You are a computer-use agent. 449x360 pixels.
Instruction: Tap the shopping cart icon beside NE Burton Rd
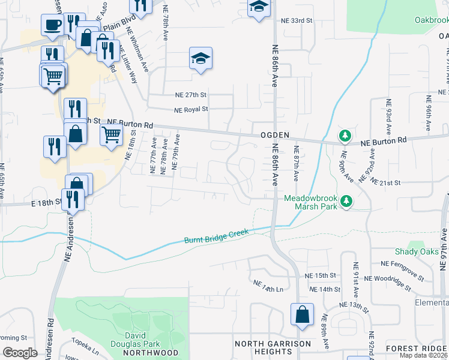(x=112, y=134)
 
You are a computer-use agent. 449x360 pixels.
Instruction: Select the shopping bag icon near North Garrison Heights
(x=302, y=313)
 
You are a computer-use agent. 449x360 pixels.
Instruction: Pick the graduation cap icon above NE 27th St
(x=201, y=58)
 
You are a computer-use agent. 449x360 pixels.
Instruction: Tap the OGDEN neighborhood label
(x=275, y=135)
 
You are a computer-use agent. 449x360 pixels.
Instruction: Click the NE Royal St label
(x=191, y=110)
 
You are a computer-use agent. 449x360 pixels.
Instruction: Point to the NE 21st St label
(x=385, y=182)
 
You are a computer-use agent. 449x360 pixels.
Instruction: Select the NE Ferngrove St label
(x=402, y=263)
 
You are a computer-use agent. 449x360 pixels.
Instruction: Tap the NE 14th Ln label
(x=268, y=285)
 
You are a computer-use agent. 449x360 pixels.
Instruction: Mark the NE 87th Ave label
(x=296, y=162)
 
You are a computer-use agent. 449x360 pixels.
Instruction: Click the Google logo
(x=20, y=353)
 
